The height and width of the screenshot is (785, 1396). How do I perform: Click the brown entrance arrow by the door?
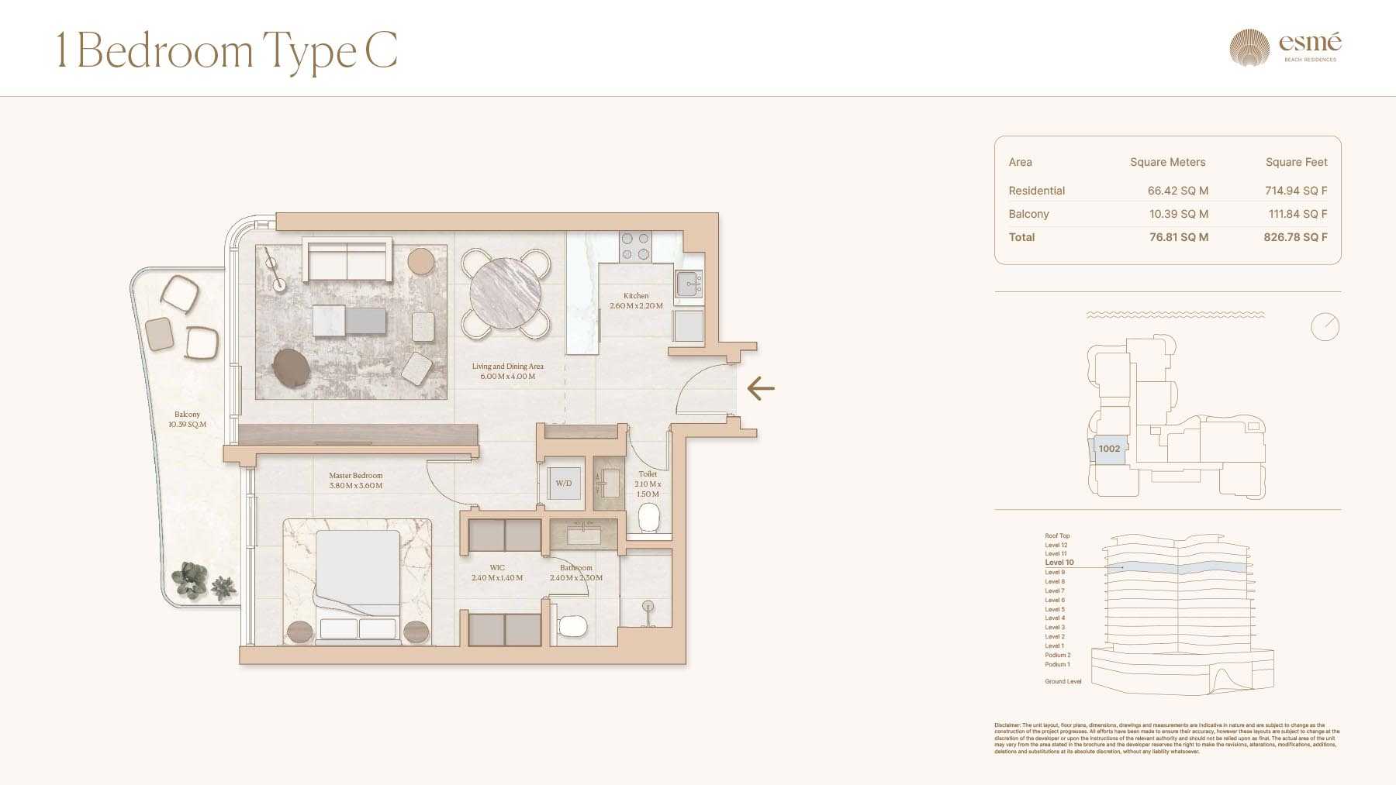761,388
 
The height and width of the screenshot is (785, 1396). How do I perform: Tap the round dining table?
506,294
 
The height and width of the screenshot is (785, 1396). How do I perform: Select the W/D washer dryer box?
564,484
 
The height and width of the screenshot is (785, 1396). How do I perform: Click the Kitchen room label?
636,296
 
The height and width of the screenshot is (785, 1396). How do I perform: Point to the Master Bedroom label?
355,476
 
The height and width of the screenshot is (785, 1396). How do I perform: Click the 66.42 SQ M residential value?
1177,191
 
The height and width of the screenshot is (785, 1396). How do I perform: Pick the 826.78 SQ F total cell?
1295,237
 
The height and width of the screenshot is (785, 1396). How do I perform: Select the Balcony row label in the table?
1028,214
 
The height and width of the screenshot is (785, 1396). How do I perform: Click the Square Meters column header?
1167,162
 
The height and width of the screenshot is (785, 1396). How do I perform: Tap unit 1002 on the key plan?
1109,449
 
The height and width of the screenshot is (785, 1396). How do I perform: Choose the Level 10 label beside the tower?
1059,563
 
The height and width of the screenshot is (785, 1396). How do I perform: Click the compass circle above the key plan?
1325,326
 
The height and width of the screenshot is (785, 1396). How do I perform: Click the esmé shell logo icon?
1249,47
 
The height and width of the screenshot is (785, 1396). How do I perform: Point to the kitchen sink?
688,284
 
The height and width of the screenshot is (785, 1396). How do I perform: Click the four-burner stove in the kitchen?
635,246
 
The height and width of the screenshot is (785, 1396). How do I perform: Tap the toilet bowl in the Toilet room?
648,517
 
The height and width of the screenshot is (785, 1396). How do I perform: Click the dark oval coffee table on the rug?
292,368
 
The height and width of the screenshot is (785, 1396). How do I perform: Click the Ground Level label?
1063,682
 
